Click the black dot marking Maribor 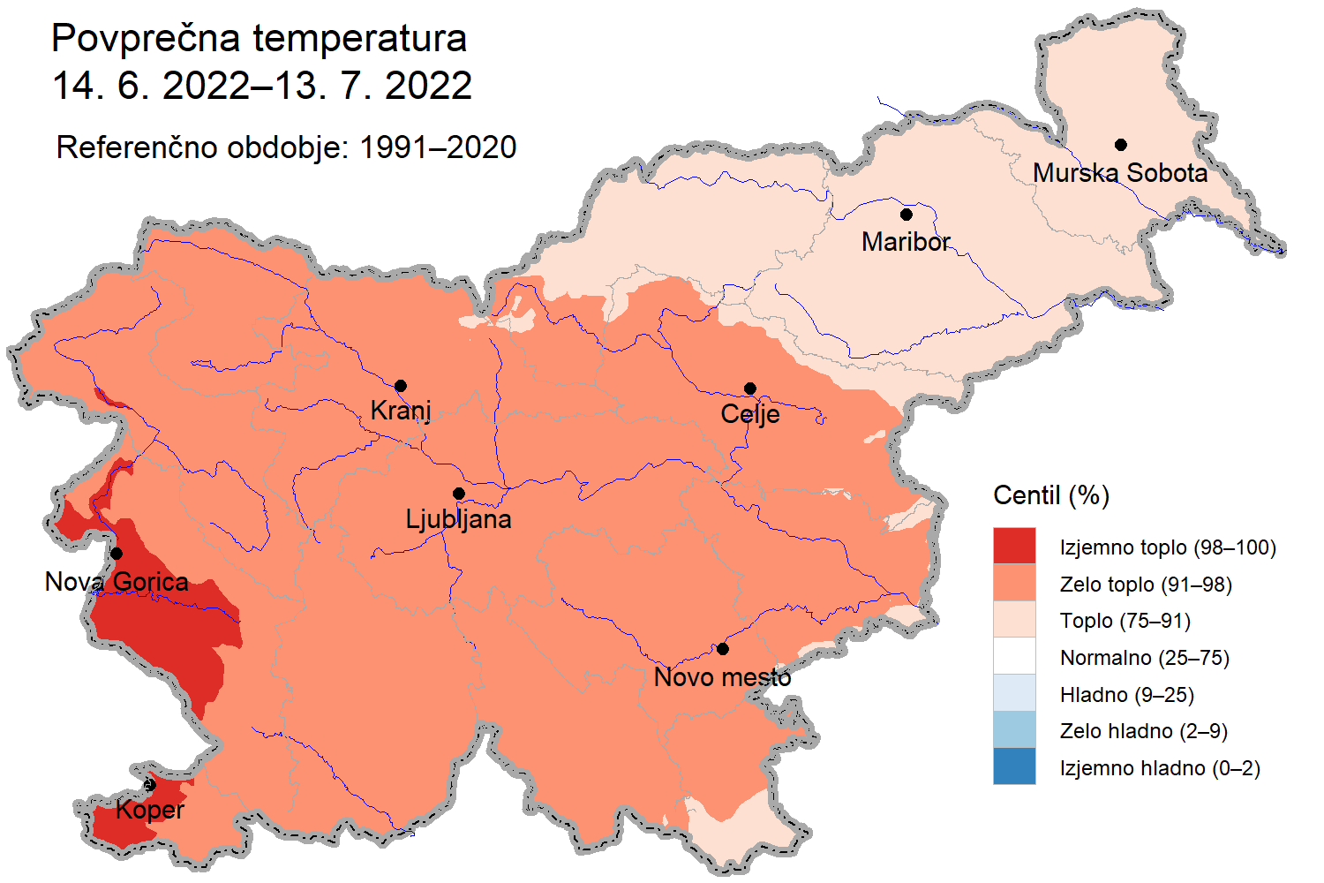tap(906, 215)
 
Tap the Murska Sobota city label tap(1120, 173)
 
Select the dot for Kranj tap(401, 386)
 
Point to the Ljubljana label tap(458, 519)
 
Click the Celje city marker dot tap(750, 389)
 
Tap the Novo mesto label tap(722, 677)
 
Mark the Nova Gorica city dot tap(117, 554)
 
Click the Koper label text tap(150, 810)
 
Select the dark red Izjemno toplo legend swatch tap(1014, 546)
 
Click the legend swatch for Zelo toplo tap(1014, 583)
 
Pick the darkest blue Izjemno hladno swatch tap(1014, 766)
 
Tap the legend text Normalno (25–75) tap(1144, 658)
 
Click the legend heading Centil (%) tap(1050, 495)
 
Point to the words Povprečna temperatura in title tap(259, 39)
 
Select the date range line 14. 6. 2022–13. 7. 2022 tap(262, 86)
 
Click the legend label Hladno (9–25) tap(1126, 695)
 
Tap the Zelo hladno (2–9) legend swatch tap(1014, 729)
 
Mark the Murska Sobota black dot tap(1120, 145)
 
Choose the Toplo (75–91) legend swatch tap(1014, 620)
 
